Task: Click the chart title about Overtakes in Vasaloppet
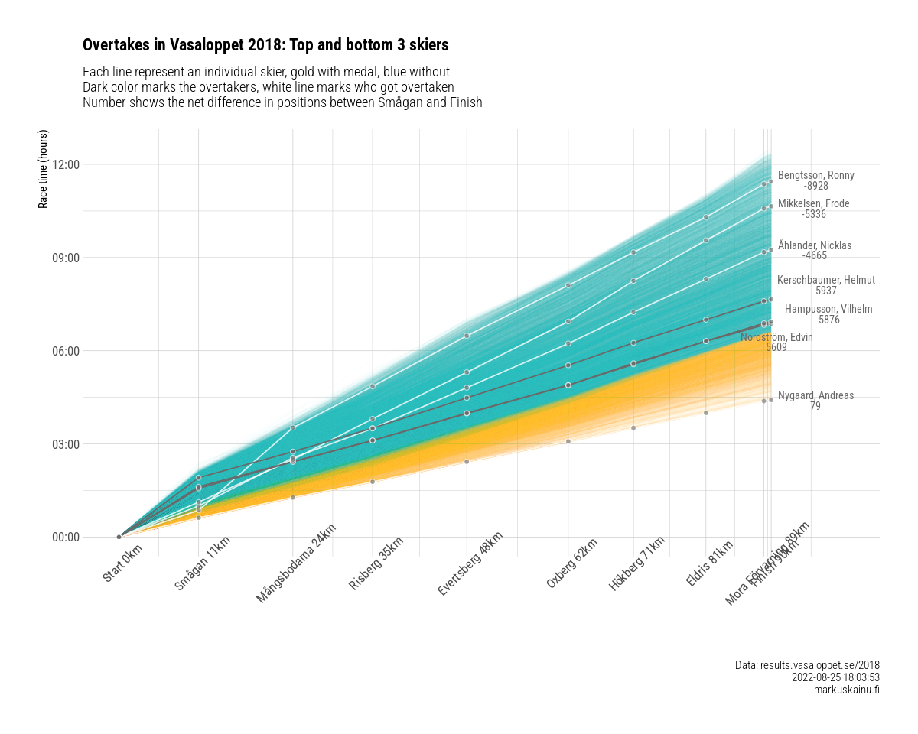[265, 45]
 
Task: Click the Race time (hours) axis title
[44, 169]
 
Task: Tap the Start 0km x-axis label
[123, 563]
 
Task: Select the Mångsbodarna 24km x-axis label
[297, 563]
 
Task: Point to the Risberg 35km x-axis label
[376, 563]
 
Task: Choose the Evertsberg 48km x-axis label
[470, 563]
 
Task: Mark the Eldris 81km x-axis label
[710, 563]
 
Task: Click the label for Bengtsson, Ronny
[815, 176]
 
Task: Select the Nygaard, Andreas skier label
[815, 396]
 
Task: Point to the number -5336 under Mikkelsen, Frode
[813, 215]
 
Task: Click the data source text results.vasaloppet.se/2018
[807, 666]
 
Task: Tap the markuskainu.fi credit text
[847, 690]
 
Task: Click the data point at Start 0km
[119, 537]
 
